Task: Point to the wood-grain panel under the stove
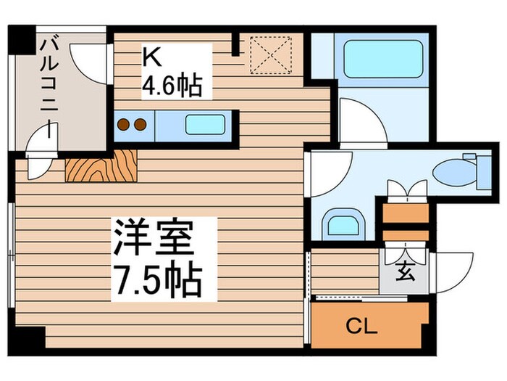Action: point(101,166)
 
